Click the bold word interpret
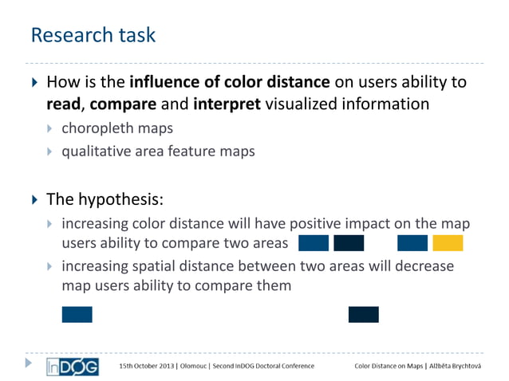227,104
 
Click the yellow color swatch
448,243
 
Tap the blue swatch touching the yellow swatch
412,243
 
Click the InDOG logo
73,365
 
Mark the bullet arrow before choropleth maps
51,128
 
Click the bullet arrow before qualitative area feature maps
51,150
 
